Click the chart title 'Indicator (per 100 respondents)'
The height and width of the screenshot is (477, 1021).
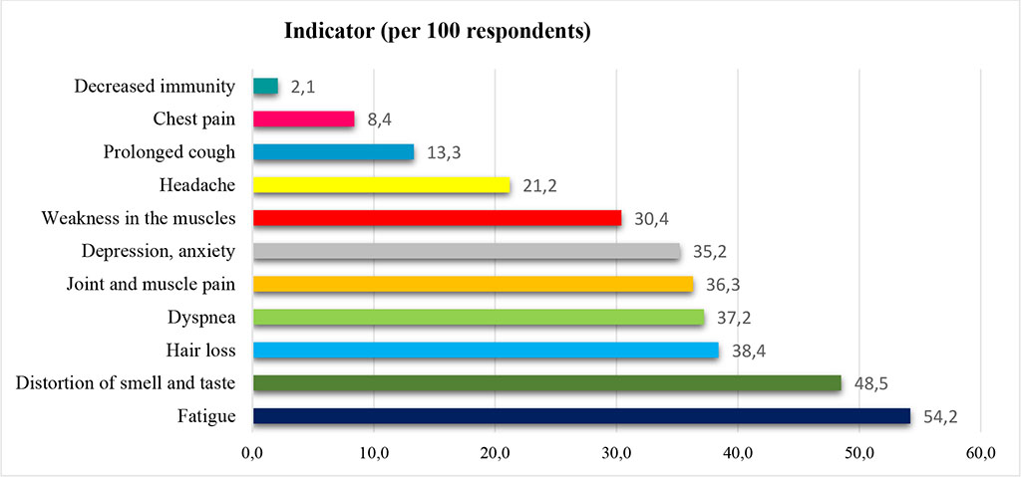pos(438,32)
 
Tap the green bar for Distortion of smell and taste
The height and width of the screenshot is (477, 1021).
pos(547,383)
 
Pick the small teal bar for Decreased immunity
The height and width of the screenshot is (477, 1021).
pos(265,87)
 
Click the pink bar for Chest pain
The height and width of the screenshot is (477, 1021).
pos(303,119)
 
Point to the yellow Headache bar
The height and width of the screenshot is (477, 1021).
pos(382,185)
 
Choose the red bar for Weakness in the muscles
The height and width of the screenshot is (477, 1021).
pos(438,218)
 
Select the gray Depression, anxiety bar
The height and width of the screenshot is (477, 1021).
pos(467,251)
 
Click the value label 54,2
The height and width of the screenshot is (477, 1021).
pos(939,416)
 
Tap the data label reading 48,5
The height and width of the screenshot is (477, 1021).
pos(870,383)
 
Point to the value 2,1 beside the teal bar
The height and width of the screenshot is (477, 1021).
pos(303,88)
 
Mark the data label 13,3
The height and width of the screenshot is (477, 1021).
pos(443,153)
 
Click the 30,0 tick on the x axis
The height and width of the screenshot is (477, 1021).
pos(616,454)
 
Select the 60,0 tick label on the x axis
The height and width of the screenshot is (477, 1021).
pos(980,454)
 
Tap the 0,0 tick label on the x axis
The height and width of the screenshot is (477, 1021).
pos(253,454)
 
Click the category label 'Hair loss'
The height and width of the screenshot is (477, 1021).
pos(200,350)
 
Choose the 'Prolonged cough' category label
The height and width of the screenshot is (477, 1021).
pos(170,152)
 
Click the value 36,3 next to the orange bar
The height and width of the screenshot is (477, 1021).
pos(722,285)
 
